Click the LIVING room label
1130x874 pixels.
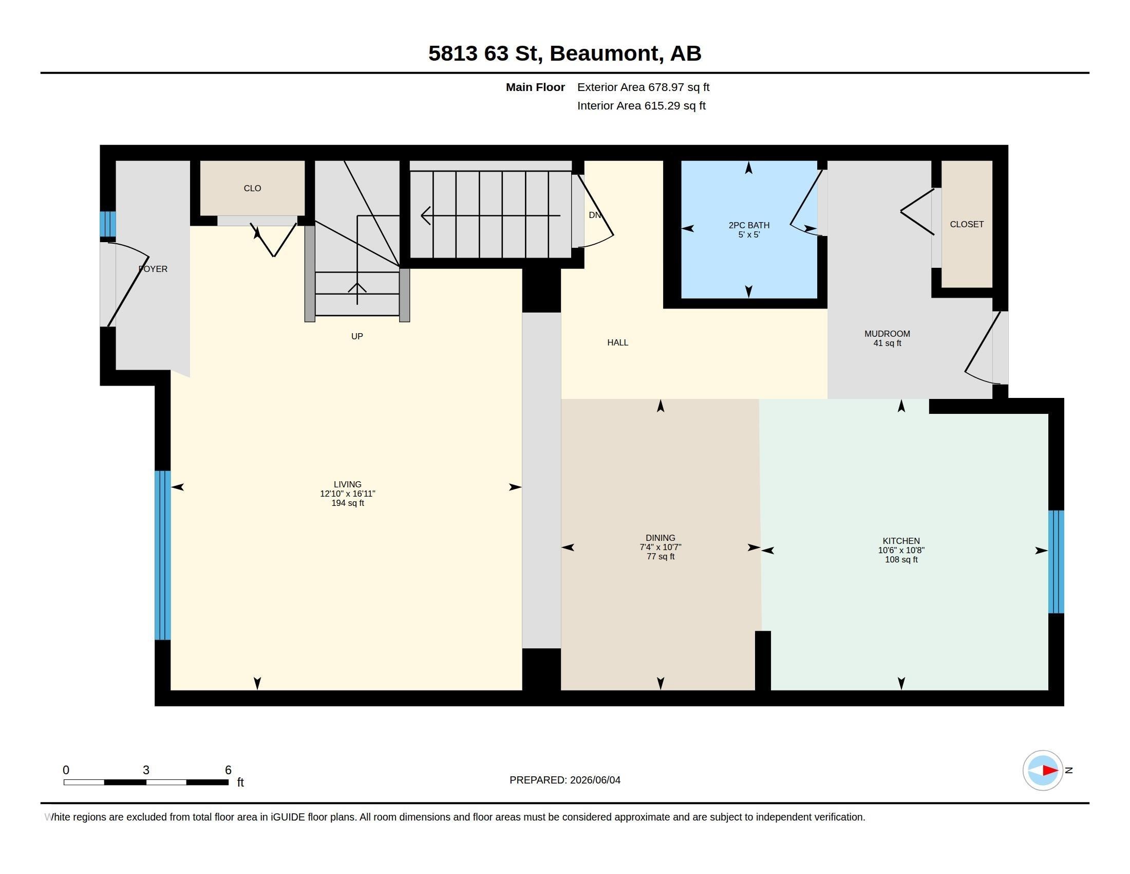click(x=347, y=485)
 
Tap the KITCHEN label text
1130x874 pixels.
click(x=901, y=541)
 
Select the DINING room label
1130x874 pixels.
click(x=660, y=538)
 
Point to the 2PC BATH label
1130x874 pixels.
click(x=749, y=225)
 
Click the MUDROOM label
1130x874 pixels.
click(x=887, y=334)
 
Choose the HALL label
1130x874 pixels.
click(x=617, y=343)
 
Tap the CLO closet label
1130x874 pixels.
click(x=253, y=189)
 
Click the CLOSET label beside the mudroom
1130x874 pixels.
click(x=967, y=224)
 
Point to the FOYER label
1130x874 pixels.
click(x=153, y=269)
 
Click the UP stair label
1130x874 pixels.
click(x=357, y=337)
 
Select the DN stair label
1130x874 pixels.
click(x=594, y=215)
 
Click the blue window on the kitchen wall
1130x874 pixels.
click(x=1056, y=562)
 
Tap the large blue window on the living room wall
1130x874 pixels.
click(x=162, y=555)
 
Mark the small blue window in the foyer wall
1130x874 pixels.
click(x=108, y=224)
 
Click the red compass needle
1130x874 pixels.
click(x=1050, y=771)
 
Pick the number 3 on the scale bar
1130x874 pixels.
click(x=146, y=770)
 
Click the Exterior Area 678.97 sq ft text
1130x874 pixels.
click(x=643, y=87)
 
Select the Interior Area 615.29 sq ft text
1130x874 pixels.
click(x=641, y=106)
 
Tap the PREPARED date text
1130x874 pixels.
click(x=564, y=780)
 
